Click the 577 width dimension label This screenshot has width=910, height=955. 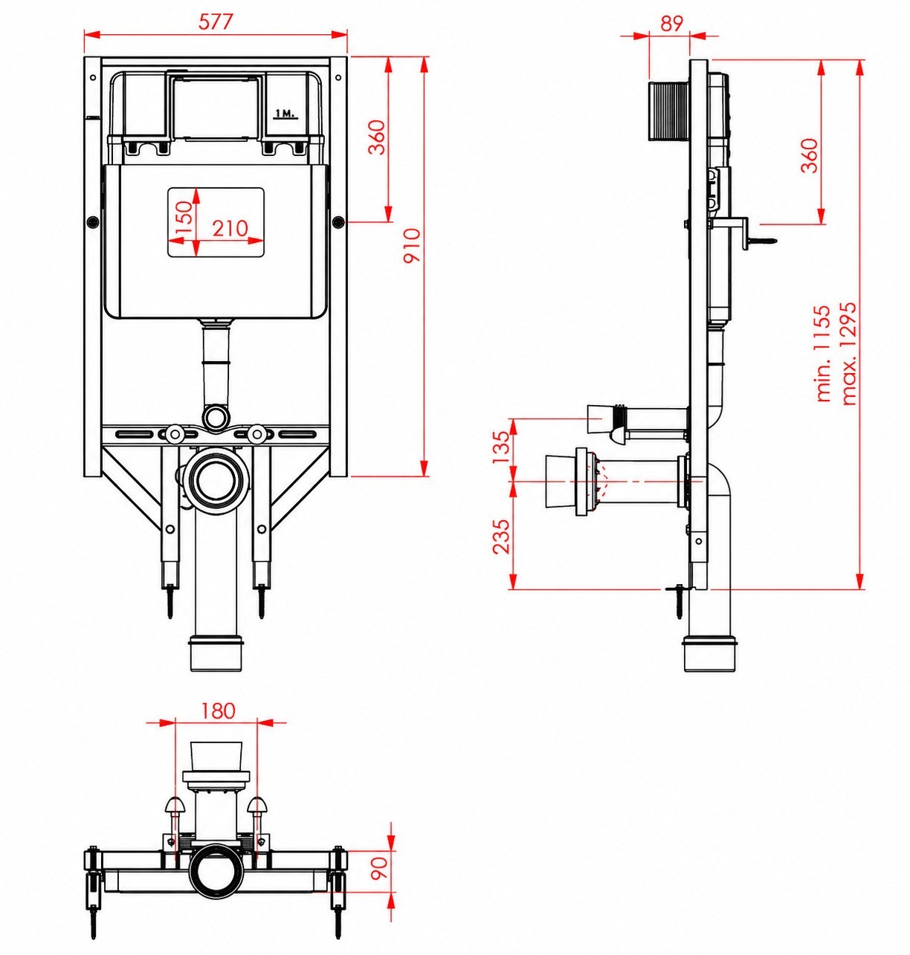pyautogui.click(x=216, y=22)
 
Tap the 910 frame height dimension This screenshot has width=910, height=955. pyautogui.click(x=411, y=245)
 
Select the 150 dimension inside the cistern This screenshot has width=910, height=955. pyautogui.click(x=184, y=218)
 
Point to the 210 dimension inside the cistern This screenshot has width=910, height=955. pyautogui.click(x=230, y=228)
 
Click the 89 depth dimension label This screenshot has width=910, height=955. pyautogui.click(x=672, y=23)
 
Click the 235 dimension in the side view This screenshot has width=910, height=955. pyautogui.click(x=501, y=537)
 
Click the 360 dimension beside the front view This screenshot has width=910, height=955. pyautogui.click(x=376, y=137)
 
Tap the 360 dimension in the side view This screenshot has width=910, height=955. pyautogui.click(x=810, y=155)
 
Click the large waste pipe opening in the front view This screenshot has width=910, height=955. pyautogui.click(x=216, y=480)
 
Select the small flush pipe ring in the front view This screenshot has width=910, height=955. pyautogui.click(x=216, y=416)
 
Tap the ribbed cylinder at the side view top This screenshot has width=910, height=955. pyautogui.click(x=669, y=111)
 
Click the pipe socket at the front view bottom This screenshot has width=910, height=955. pyautogui.click(x=216, y=653)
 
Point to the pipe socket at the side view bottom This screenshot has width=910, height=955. pyautogui.click(x=708, y=653)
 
